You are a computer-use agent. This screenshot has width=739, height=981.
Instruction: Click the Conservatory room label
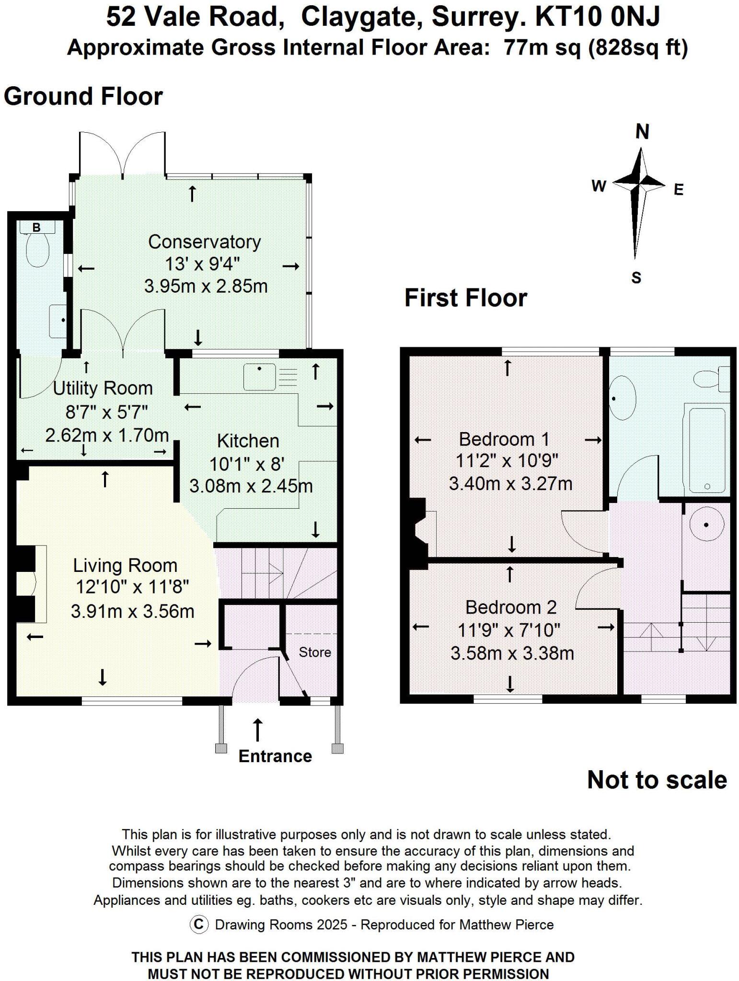[x=204, y=242]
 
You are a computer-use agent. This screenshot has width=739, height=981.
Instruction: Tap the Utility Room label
[x=103, y=388]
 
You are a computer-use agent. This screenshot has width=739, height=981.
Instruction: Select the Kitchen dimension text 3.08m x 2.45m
[x=251, y=486]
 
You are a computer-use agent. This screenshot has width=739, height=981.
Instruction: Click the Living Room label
[x=125, y=566]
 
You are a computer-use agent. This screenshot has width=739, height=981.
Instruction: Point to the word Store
[x=315, y=652]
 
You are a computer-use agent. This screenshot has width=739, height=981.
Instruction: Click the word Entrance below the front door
[x=275, y=756]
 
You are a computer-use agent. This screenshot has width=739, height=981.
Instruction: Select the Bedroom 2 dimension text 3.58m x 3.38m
[x=512, y=653]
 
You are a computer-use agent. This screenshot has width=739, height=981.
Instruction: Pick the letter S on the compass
[x=636, y=278]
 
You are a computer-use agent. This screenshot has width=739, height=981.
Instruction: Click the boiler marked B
[x=36, y=228]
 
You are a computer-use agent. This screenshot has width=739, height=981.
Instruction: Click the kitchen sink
[x=259, y=377]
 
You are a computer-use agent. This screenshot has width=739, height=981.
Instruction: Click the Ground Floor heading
[x=83, y=96]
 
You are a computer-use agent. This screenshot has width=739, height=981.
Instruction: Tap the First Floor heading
[x=465, y=298]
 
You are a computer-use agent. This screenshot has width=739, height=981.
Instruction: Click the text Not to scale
[x=657, y=780]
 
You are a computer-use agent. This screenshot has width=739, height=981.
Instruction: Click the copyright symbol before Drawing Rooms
[x=199, y=924]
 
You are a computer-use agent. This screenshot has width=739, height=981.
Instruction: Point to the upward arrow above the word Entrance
[x=258, y=730]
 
